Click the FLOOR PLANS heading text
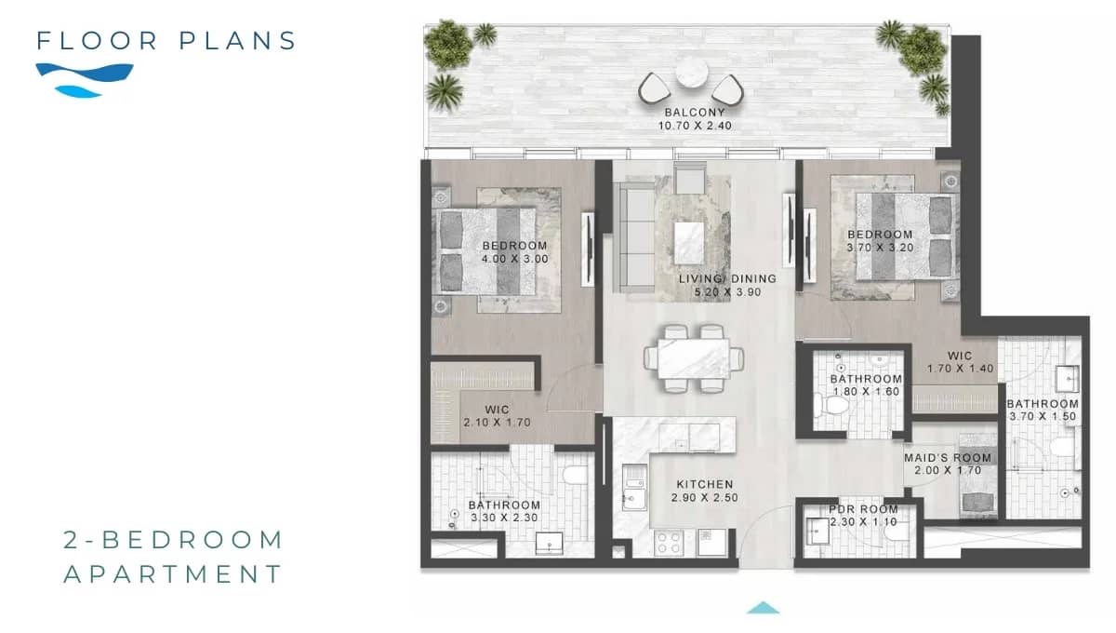[x=166, y=41]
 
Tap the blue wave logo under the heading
[x=84, y=78]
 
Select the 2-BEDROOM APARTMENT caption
[x=173, y=557]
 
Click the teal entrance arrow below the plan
[x=763, y=608]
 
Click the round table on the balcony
[x=691, y=74]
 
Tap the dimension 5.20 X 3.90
[x=726, y=292]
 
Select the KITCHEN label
[x=704, y=485]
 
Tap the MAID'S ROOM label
[x=948, y=458]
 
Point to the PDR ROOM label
[x=863, y=510]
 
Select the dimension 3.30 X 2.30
[x=504, y=519]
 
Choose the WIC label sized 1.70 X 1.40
[x=960, y=356]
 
